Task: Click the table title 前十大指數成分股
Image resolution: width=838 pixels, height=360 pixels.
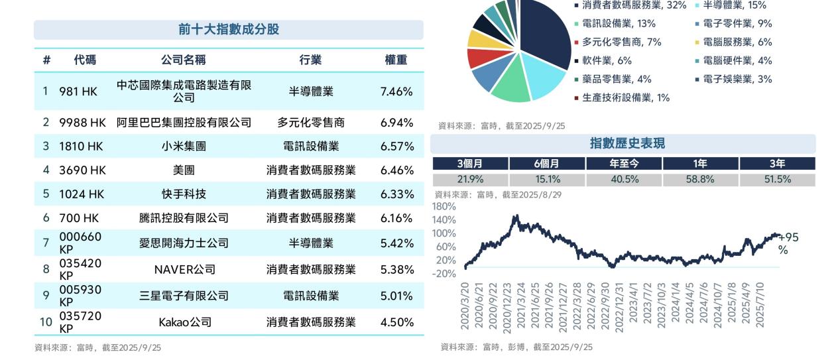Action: click(228, 30)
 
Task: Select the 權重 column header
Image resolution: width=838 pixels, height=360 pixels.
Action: click(396, 60)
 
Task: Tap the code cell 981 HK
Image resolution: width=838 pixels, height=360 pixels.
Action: click(78, 91)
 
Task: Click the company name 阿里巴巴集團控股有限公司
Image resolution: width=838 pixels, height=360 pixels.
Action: click(184, 123)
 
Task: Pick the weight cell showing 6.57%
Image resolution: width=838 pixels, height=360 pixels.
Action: click(396, 147)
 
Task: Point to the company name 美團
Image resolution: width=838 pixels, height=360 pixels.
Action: click(184, 170)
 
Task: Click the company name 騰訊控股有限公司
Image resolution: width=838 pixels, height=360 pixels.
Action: click(184, 218)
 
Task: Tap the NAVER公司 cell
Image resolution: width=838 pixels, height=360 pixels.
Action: click(184, 270)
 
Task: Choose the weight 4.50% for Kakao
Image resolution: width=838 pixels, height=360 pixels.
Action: click(396, 322)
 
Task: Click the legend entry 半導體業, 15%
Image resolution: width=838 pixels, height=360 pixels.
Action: click(734, 5)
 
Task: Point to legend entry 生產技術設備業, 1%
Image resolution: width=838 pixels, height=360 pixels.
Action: click(625, 98)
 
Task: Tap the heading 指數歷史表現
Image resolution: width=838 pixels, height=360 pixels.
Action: click(627, 143)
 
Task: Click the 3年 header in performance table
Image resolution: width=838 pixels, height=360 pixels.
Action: click(777, 164)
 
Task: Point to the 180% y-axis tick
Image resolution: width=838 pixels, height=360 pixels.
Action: click(444, 207)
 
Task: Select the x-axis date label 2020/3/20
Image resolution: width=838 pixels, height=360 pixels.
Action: click(465, 305)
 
